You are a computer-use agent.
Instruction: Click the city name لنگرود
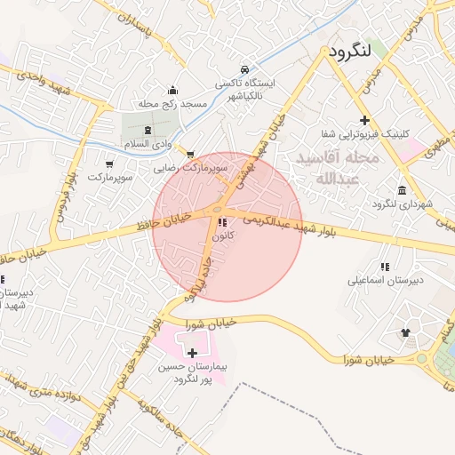coord(348,52)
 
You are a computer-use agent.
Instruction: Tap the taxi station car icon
coord(244,69)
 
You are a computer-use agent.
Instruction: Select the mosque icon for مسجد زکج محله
coord(172,91)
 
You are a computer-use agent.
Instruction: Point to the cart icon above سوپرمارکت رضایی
coord(188,153)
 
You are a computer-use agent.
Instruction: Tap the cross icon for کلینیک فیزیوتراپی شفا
coord(363,120)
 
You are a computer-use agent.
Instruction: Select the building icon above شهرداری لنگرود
coord(403,190)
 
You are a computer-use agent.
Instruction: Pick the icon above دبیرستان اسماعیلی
coord(384,266)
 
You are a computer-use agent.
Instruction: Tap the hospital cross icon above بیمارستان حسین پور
coord(192,353)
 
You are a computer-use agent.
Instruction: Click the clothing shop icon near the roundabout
coord(406,332)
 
